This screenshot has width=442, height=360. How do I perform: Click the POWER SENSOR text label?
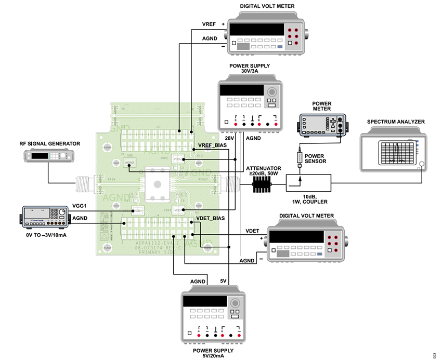coord(315,158)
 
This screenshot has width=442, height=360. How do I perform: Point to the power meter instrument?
coord(322,125)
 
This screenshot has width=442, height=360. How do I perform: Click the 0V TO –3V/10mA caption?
coord(46,235)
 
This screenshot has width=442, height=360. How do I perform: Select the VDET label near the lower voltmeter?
coord(252,230)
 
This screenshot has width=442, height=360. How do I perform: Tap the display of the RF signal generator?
coord(39,156)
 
